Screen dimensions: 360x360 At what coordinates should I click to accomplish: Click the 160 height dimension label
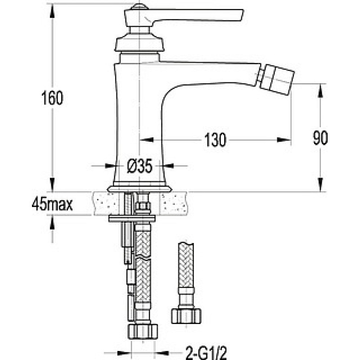(52, 98)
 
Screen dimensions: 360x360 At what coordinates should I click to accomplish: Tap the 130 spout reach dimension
(215, 140)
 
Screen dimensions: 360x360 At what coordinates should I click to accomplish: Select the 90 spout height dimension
(320, 138)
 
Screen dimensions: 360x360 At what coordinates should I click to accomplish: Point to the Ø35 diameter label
(139, 166)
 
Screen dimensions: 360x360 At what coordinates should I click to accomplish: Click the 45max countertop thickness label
(52, 204)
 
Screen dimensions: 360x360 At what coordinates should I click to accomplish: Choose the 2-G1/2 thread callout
(206, 352)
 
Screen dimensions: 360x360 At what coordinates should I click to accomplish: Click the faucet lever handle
(184, 16)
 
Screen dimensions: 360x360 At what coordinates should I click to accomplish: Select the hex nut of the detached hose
(186, 316)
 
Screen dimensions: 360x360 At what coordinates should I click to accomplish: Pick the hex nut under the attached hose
(143, 331)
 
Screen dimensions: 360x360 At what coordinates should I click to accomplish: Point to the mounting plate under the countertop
(132, 218)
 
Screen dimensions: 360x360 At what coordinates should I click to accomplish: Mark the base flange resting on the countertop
(139, 189)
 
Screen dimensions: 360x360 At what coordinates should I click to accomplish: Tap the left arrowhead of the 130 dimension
(146, 140)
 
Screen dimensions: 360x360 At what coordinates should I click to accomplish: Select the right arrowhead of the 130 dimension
(284, 140)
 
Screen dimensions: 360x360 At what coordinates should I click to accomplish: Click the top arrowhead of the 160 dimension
(53, 11)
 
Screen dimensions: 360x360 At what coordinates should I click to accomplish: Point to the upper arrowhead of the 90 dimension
(320, 91)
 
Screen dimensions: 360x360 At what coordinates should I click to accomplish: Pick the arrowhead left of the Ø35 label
(110, 166)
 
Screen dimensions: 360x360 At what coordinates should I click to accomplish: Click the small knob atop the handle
(139, 6)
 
